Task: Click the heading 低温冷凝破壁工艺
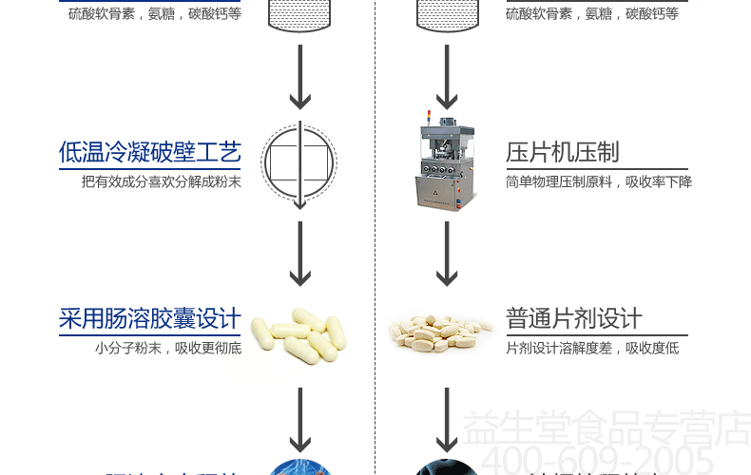pyautogui.click(x=149, y=152)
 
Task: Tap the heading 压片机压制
pyautogui.click(x=563, y=152)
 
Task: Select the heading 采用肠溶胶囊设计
pyautogui.click(x=149, y=318)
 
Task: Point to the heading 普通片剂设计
pyautogui.click(x=574, y=318)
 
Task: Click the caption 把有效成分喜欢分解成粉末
pyautogui.click(x=161, y=181)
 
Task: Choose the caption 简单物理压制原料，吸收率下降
pyautogui.click(x=599, y=181)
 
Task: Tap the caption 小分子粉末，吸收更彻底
pyautogui.click(x=167, y=348)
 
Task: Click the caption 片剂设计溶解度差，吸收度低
pyautogui.click(x=592, y=348)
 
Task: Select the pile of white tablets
pyautogui.click(x=442, y=332)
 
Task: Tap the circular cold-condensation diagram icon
pyautogui.click(x=299, y=163)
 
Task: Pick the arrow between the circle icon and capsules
pyautogui.click(x=300, y=255)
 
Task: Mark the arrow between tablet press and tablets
pyautogui.click(x=447, y=255)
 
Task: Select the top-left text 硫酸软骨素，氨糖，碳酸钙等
pyautogui.click(x=154, y=13)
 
